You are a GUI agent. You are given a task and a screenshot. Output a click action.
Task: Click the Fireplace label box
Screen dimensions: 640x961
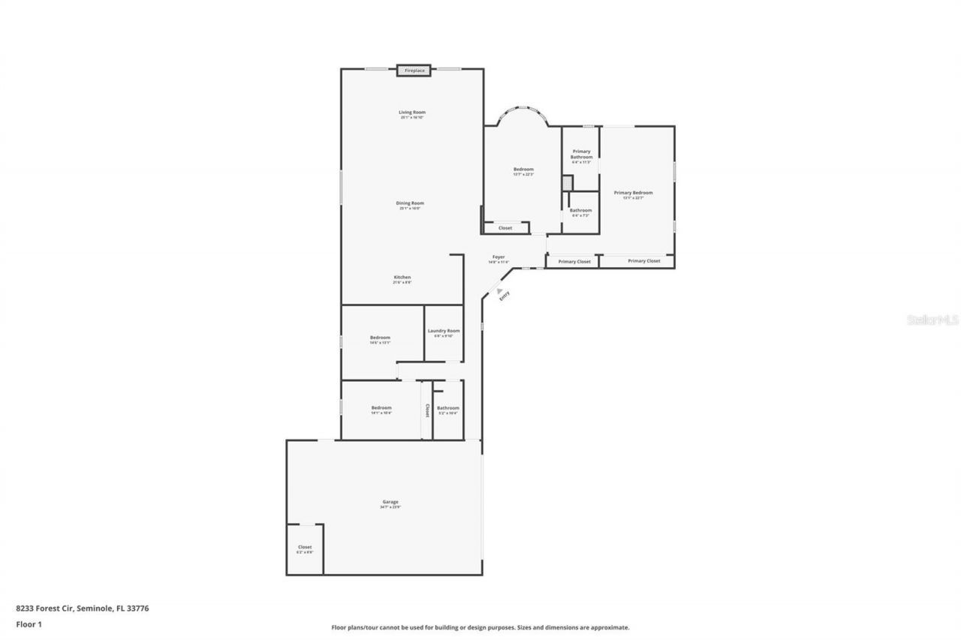[414, 71]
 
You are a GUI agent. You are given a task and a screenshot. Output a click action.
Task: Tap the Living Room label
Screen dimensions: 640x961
[411, 113]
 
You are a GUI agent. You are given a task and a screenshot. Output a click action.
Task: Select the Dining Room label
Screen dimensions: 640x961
[410, 203]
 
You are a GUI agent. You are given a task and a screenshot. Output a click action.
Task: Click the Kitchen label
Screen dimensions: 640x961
[402, 278]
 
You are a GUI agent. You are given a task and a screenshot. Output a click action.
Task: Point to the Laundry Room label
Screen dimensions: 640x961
[444, 331]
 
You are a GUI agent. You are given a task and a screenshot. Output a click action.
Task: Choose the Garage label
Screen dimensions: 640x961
[390, 502]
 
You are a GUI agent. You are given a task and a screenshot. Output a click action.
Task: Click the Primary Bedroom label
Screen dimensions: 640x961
[633, 193]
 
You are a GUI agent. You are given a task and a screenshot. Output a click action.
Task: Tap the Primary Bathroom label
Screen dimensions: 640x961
[581, 154]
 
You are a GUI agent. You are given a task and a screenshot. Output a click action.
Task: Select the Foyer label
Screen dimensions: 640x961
[499, 257]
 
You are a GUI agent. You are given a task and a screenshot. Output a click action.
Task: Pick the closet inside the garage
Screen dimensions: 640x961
[305, 548]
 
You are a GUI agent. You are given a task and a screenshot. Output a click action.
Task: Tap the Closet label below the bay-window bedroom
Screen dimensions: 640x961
[505, 228]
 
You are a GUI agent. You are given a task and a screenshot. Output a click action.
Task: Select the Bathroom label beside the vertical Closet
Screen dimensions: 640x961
[448, 408]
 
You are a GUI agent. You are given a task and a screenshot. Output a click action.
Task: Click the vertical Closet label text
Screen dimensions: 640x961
[427, 410]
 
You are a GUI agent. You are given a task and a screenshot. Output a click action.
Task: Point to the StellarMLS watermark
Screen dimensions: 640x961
[932, 320]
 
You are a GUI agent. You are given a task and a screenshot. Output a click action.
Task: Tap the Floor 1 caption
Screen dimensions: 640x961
[29, 624]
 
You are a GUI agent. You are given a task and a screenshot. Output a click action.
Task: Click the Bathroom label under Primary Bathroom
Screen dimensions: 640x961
[580, 211]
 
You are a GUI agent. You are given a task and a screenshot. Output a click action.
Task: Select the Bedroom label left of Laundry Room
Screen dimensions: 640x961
[380, 338]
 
